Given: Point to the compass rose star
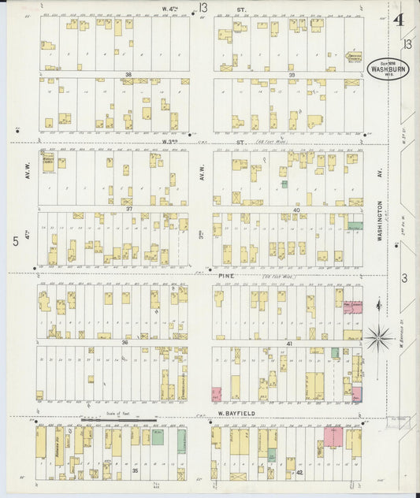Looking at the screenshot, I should pyautogui.click(x=378, y=338).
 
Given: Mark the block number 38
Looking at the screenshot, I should pyautogui.click(x=127, y=75).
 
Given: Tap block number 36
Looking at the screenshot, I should pyautogui.click(x=125, y=342).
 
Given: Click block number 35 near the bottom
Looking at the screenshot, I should pyautogui.click(x=135, y=470).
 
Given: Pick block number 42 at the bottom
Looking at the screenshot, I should pyautogui.click(x=299, y=472).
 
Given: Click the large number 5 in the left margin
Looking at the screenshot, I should pyautogui.click(x=15, y=241).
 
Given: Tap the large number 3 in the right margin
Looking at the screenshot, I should pyautogui.click(x=403, y=277).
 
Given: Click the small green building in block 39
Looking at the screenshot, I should pyautogui.click(x=284, y=184).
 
